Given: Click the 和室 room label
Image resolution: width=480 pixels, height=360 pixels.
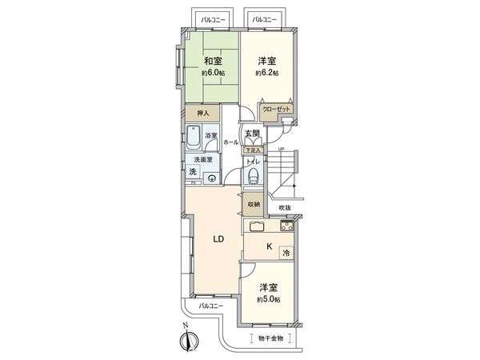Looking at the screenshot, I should point(212,61).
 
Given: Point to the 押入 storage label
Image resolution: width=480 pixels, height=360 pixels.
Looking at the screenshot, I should point(203,114).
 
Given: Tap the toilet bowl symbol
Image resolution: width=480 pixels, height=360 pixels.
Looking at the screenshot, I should point(254,175).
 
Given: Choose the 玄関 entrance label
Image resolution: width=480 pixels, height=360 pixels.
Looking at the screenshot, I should point(253,134).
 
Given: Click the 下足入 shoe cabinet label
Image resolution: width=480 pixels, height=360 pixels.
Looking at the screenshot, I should point(253,150).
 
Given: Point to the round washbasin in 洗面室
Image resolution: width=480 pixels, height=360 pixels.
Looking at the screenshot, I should point(211,178).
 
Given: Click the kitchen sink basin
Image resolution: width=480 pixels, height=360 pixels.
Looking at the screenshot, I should point(258,226).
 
